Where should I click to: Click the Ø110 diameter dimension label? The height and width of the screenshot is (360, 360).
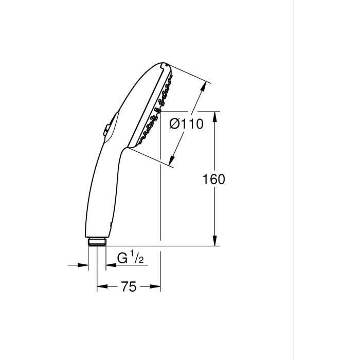tap(186, 124)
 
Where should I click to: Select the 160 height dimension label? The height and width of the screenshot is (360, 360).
tap(214, 179)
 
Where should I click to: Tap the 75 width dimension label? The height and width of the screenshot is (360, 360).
tap(129, 287)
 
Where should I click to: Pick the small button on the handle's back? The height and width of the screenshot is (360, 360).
tap(105, 131)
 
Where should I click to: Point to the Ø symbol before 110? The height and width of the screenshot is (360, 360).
tap(174, 124)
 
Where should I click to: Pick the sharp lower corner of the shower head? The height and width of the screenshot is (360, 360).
tap(125, 146)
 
